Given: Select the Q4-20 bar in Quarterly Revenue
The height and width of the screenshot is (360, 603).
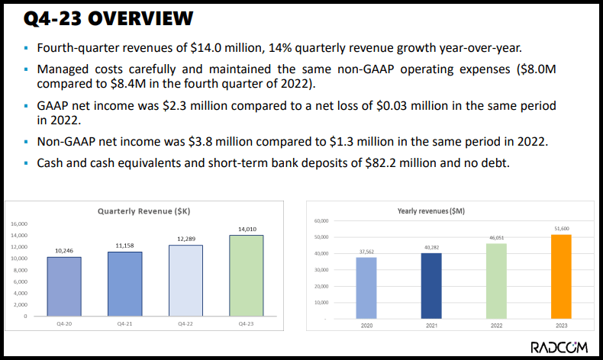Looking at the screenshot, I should tap(64, 286).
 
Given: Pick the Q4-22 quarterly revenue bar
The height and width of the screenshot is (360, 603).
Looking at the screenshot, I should tap(185, 280).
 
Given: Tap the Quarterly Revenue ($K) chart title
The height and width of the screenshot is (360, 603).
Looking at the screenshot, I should tap(143, 211).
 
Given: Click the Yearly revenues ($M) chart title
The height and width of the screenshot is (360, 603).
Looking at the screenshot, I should tap(431, 211).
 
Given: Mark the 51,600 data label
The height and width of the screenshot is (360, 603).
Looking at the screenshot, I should tap(561, 228).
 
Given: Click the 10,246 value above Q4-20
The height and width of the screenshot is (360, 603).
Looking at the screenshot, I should tap(64, 250).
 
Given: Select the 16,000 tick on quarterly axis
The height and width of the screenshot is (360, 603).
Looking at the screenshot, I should tap(19, 223).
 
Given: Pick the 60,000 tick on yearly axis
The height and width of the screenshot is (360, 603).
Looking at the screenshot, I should tap(321, 220).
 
